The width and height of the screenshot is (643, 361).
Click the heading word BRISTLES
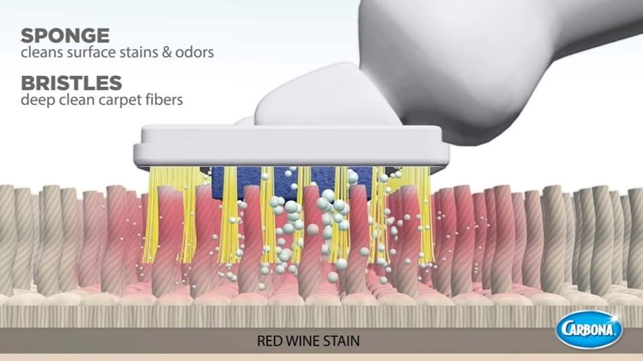pyautogui.click(x=71, y=84)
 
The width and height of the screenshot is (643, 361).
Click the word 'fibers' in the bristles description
pyautogui.click(x=162, y=101)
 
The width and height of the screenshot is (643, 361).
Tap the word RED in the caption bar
pyautogui.click(x=268, y=341)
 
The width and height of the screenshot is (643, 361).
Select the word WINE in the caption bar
pyautogui.click(x=302, y=341)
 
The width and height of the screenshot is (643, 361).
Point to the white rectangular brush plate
pyautogui.click(x=292, y=147)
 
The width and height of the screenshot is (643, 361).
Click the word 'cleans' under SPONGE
pyautogui.click(x=40, y=53)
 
